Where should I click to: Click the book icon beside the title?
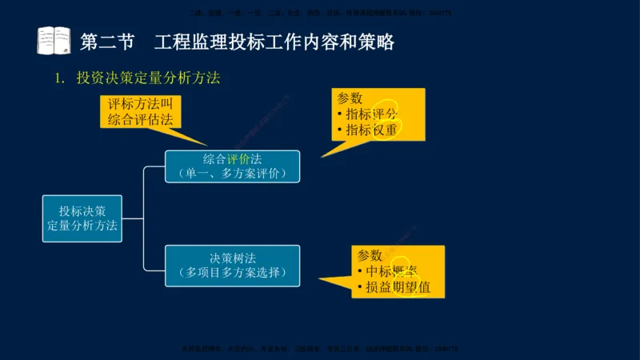point(54,40)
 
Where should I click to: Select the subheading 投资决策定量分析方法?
point(148,78)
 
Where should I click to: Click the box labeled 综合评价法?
point(232,166)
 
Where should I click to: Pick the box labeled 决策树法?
point(232,266)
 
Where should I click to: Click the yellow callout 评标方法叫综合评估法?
point(141,113)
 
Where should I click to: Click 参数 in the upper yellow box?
point(350,98)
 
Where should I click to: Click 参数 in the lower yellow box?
point(370,255)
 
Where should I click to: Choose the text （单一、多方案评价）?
point(232,173)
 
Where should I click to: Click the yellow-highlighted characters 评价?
point(238,158)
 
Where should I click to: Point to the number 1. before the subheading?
point(58,78)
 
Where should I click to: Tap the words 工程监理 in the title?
point(182,40)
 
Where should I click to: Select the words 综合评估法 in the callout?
point(141,120)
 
